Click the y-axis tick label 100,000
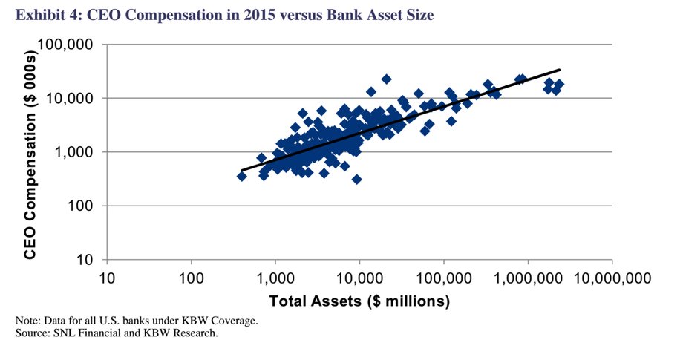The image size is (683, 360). point(65,45)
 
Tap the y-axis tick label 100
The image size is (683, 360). point(81,206)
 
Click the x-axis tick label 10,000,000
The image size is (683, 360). point(612,278)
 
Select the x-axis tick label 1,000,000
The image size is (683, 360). point(528,278)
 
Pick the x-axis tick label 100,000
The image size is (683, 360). point(444,278)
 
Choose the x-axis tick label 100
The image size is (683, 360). point(192,278)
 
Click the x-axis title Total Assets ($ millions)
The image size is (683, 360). point(359,301)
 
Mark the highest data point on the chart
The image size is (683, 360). point(386,79)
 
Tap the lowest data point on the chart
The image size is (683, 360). point(357,180)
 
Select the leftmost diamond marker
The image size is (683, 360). point(241,176)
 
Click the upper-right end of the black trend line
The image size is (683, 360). point(560,70)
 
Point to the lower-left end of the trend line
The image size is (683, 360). point(242,171)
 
